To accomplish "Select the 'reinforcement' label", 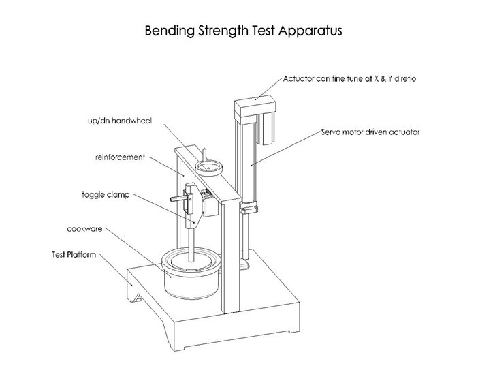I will [120, 157].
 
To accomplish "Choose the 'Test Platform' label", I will [76, 254].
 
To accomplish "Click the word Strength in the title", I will [223, 31].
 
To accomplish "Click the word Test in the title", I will [263, 31].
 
